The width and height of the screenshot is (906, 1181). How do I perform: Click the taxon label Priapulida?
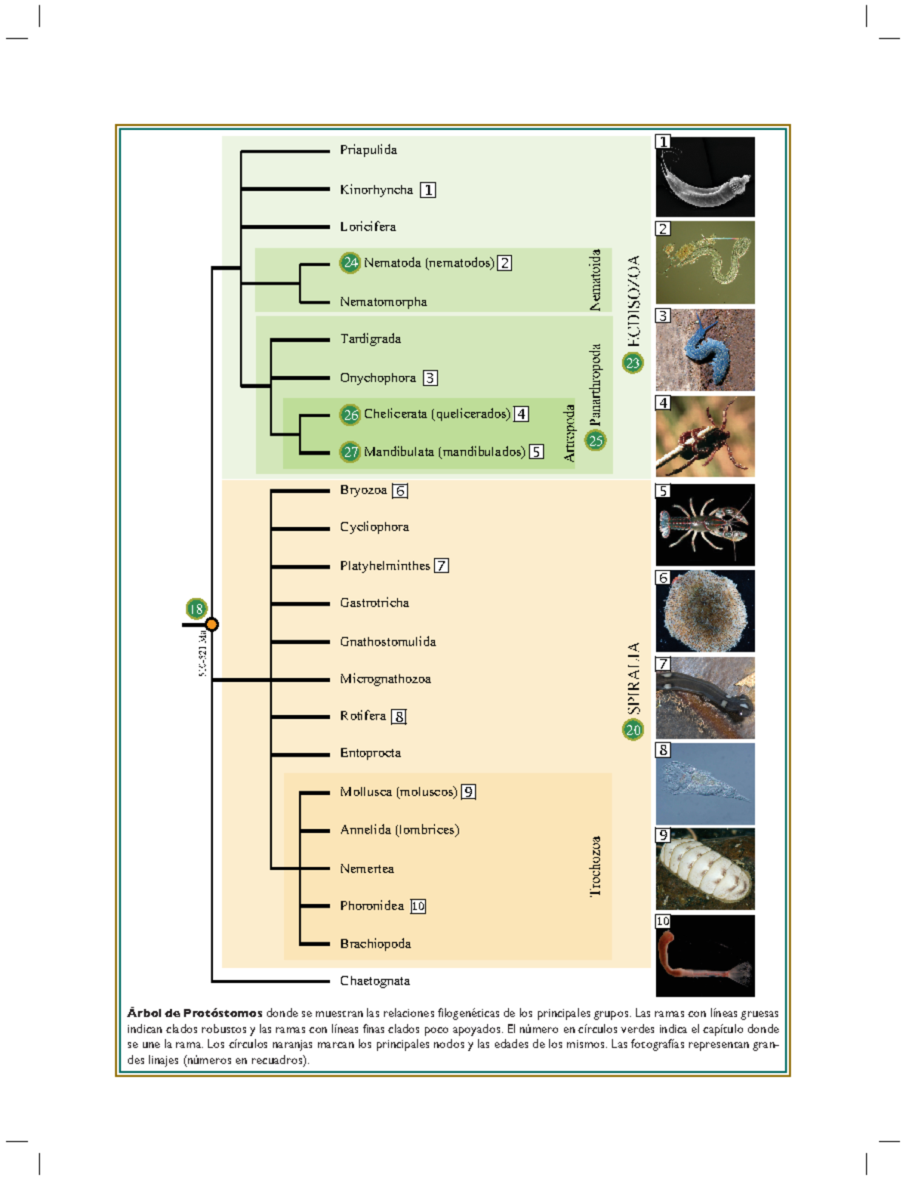tap(368, 150)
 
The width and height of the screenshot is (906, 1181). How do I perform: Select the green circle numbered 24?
tap(350, 263)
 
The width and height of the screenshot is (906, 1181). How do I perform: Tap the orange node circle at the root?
tap(212, 624)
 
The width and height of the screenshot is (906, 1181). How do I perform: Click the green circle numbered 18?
tap(196, 609)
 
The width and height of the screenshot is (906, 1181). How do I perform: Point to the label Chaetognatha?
tap(374, 981)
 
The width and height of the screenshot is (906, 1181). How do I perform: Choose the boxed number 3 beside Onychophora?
tap(430, 378)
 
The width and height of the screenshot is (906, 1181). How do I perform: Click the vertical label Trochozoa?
tap(596, 866)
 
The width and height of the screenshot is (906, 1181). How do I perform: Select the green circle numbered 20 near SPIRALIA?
tap(633, 729)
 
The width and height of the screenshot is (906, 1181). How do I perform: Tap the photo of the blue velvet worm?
tap(704, 350)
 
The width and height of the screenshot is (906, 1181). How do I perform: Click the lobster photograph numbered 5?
tap(704, 525)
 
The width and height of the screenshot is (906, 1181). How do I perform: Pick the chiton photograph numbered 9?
tap(704, 869)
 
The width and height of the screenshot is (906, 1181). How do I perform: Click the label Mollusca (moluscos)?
tap(398, 791)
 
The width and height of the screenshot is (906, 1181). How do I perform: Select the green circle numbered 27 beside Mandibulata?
tap(350, 452)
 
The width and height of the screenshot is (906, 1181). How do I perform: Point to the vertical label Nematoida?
tap(596, 280)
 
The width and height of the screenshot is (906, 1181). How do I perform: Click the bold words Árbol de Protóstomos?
tap(195, 1013)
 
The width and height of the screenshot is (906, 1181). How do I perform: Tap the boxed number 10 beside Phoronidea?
tap(418, 906)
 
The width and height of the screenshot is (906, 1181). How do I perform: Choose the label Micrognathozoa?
tap(385, 679)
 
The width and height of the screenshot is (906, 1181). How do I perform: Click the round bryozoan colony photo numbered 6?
tap(704, 611)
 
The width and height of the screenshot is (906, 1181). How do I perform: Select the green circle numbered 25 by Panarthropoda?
tap(596, 440)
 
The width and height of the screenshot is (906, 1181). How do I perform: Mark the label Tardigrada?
tap(370, 339)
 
